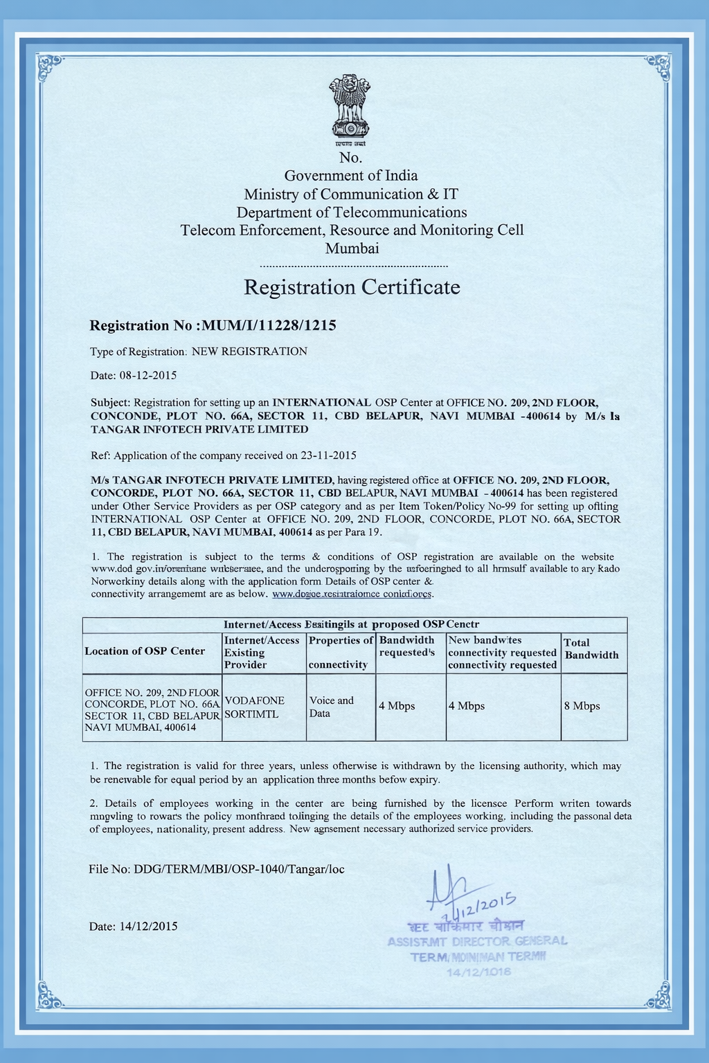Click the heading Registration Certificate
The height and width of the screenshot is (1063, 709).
pyautogui.click(x=352, y=287)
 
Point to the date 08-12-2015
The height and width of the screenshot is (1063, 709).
pyautogui.click(x=148, y=376)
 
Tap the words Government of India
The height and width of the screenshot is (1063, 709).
pyautogui.click(x=351, y=176)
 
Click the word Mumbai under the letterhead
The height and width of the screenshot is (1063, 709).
pyautogui.click(x=352, y=248)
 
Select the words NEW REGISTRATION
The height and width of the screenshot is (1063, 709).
pyautogui.click(x=249, y=352)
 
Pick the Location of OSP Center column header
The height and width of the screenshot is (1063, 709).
pyautogui.click(x=145, y=651)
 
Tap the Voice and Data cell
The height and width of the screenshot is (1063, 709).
pyautogui.click(x=331, y=707)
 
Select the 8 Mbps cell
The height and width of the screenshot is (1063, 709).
pyautogui.click(x=582, y=707)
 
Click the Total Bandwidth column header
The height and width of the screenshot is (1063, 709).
pyautogui.click(x=591, y=649)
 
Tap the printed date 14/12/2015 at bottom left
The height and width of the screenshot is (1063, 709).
pyautogui.click(x=149, y=926)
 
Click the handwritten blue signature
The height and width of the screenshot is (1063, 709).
pyautogui.click(x=450, y=889)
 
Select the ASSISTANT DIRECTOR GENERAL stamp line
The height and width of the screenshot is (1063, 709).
pyautogui.click(x=477, y=941)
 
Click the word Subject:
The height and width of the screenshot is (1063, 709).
pyautogui.click(x=110, y=403)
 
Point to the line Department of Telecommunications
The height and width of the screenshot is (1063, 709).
pyautogui.click(x=352, y=212)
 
